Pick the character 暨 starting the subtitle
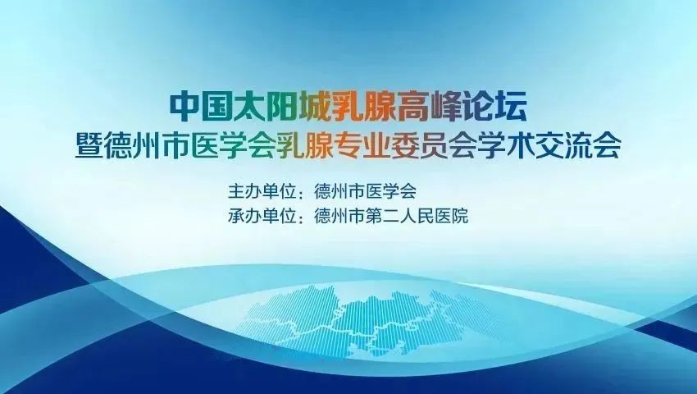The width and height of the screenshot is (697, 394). (90, 144)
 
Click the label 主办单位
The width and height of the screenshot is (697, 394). (262, 192)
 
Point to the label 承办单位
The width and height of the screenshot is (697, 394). (262, 217)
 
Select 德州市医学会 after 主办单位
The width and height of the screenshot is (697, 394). (365, 192)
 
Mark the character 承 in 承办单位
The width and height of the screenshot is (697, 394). (236, 217)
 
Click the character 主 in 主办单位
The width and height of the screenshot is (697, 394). (236, 192)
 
